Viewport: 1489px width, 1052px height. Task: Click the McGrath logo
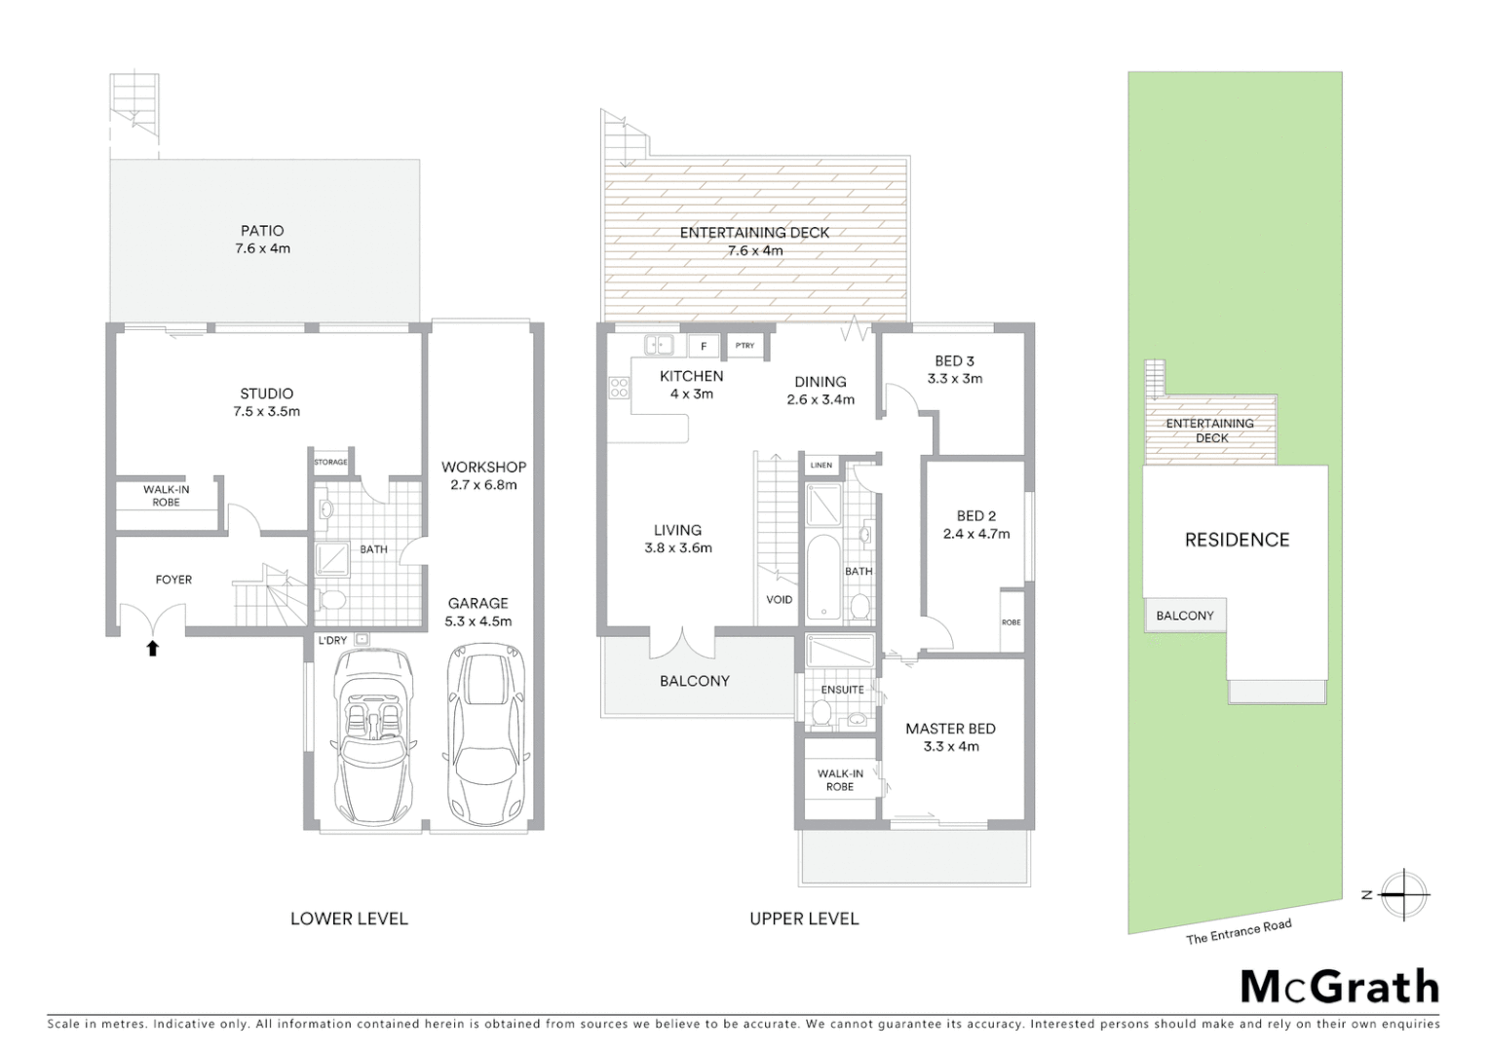pyautogui.click(x=1339, y=988)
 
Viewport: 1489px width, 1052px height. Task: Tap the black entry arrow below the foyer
pyautogui.click(x=152, y=648)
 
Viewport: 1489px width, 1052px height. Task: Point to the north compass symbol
pyautogui.click(x=1402, y=894)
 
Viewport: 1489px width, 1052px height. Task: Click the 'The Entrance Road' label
pyautogui.click(x=1238, y=932)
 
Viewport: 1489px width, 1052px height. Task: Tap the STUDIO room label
pyautogui.click(x=266, y=394)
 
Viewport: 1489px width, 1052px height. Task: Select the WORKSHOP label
pyautogui.click(x=483, y=467)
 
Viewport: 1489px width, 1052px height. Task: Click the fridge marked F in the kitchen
pyautogui.click(x=704, y=346)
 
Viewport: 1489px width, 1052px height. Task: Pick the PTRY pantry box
pyautogui.click(x=745, y=346)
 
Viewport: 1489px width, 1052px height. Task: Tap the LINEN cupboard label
pyautogui.click(x=821, y=466)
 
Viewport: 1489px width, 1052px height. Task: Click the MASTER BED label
pyautogui.click(x=950, y=729)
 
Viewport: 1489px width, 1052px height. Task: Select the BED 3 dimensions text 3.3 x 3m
pyautogui.click(x=954, y=379)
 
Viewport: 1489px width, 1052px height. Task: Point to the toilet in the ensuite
pyautogui.click(x=821, y=716)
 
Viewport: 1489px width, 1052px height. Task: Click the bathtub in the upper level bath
pyautogui.click(x=823, y=577)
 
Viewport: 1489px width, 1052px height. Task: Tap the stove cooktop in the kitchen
pyautogui.click(x=619, y=388)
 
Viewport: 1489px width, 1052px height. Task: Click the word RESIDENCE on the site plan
pyautogui.click(x=1237, y=540)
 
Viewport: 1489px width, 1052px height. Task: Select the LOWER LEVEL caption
pyautogui.click(x=349, y=919)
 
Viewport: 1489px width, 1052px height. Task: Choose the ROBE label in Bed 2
pyautogui.click(x=1011, y=622)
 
